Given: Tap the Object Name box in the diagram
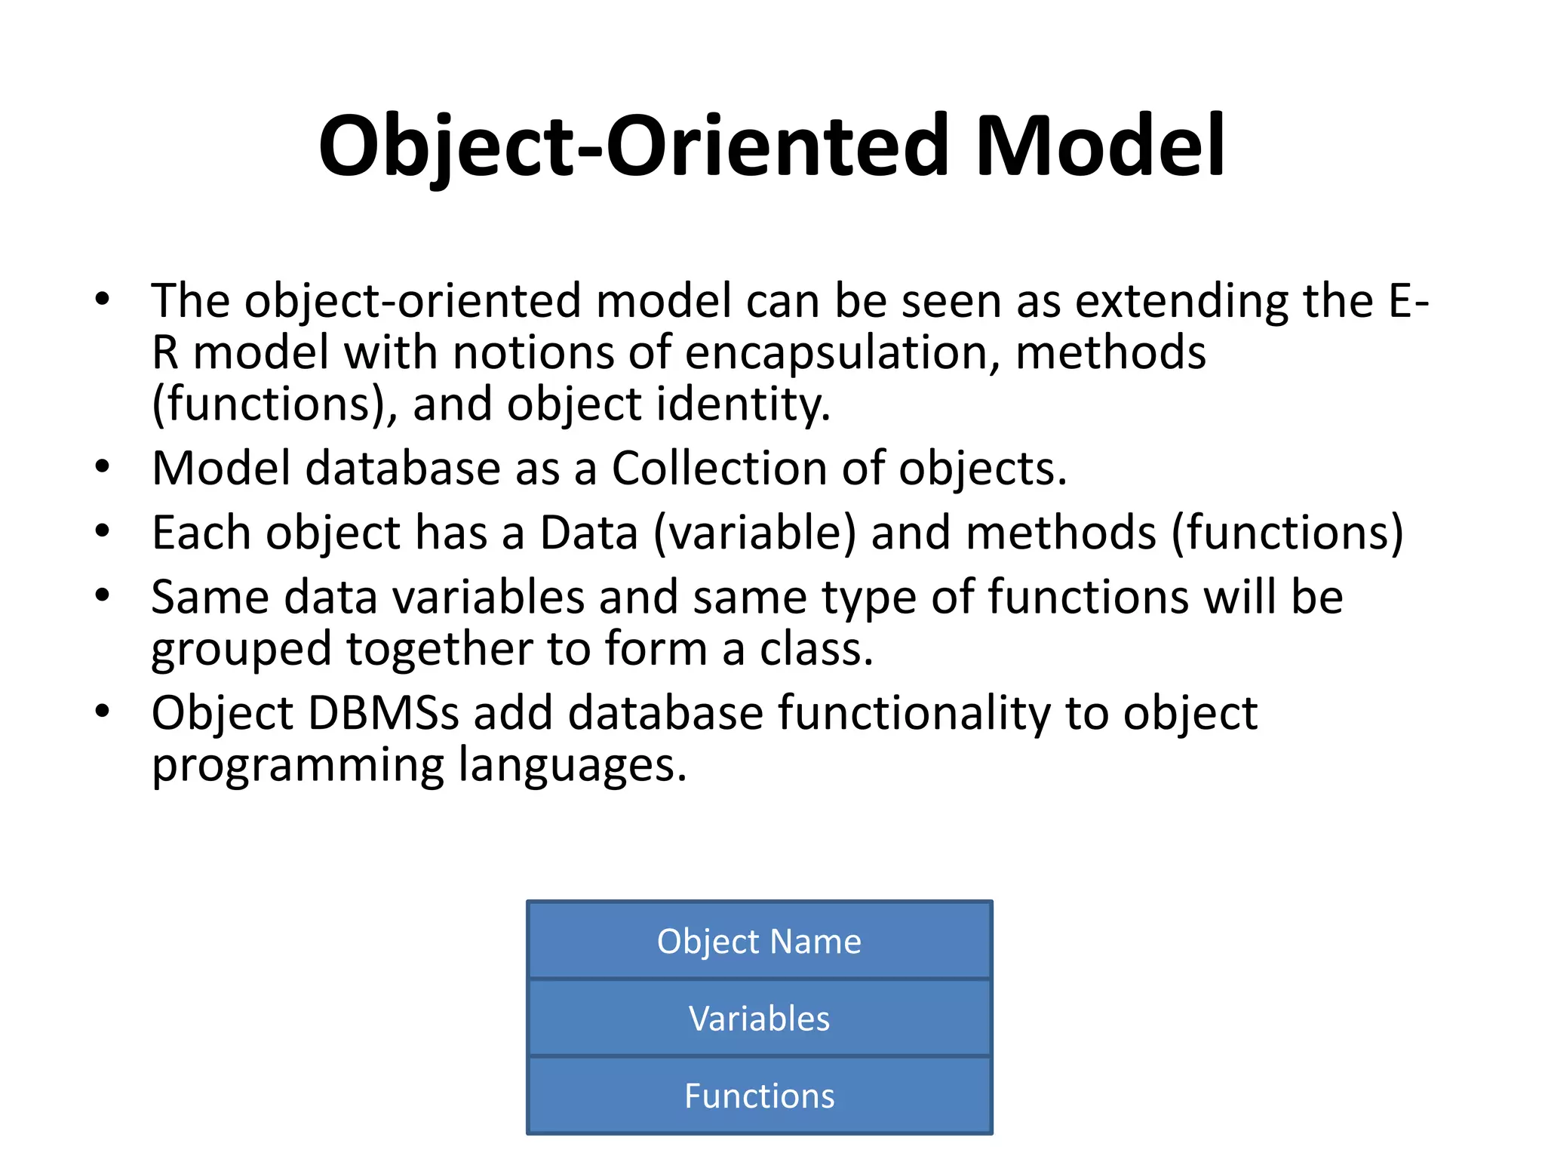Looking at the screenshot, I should [759, 941].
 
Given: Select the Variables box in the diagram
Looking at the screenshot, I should [759, 1018].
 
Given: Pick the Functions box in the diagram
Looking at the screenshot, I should [759, 1096].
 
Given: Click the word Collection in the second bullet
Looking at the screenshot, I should [719, 469].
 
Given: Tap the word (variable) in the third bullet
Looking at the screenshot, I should [755, 533].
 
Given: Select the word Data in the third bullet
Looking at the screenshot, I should [589, 533].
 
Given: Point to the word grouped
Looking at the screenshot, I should [241, 650].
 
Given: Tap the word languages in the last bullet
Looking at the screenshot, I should [573, 766].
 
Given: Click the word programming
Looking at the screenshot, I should [298, 766].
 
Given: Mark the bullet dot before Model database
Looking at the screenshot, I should [103, 467].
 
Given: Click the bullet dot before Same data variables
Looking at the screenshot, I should [103, 595].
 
